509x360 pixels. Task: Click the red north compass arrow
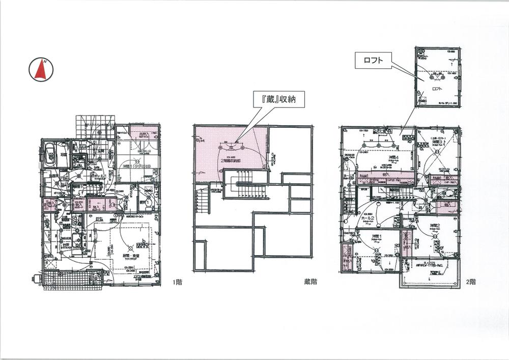click(41, 70)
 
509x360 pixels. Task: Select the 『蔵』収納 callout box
click(279, 99)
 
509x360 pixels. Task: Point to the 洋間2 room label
click(434, 226)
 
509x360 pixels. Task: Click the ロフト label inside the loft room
click(436, 89)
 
